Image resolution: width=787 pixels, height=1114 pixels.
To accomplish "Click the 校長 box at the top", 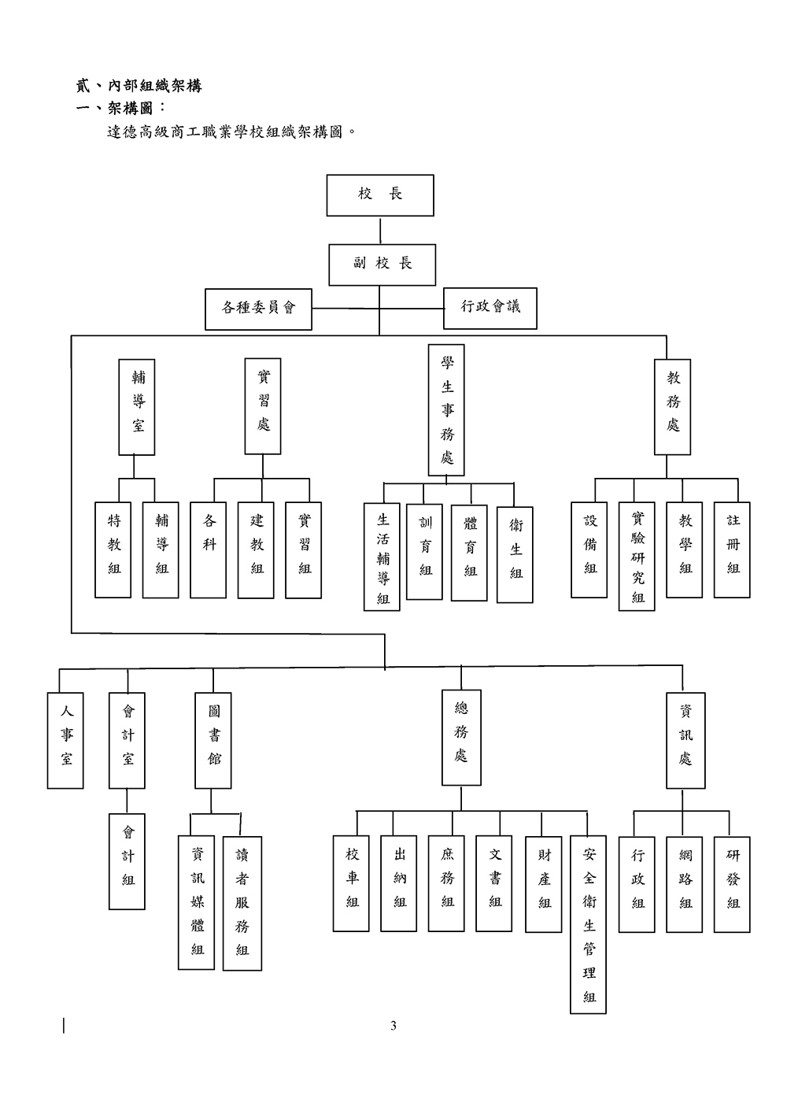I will point(380,195).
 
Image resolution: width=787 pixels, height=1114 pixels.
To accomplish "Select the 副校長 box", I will point(382,264).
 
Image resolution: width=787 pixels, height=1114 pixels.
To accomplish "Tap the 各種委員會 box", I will point(258,309).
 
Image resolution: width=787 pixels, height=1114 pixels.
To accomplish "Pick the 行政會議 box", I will point(490,309).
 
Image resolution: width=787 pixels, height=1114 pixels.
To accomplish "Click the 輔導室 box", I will point(137,407).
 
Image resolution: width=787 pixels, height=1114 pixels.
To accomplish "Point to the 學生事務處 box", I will point(446,409).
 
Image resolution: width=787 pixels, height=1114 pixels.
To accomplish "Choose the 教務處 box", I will point(673,407).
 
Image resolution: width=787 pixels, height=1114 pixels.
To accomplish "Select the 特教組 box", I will point(113,550).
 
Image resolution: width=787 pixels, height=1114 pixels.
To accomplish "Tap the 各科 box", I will point(209,550).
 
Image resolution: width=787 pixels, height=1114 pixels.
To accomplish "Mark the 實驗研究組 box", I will point(637,556).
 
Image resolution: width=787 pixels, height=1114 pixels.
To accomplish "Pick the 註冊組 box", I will point(733,550).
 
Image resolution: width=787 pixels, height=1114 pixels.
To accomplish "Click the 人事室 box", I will point(65,741).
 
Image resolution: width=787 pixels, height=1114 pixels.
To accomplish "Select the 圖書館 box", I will point(213,741).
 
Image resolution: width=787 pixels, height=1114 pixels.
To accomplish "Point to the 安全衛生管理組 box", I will point(589,924).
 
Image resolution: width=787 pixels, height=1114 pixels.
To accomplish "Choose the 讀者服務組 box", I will point(242,902).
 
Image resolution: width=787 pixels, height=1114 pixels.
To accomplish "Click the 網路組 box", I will point(685,885).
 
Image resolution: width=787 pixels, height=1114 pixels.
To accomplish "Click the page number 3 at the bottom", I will point(393,1025).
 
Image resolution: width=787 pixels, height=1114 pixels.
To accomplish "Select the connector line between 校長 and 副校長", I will point(380,230).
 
